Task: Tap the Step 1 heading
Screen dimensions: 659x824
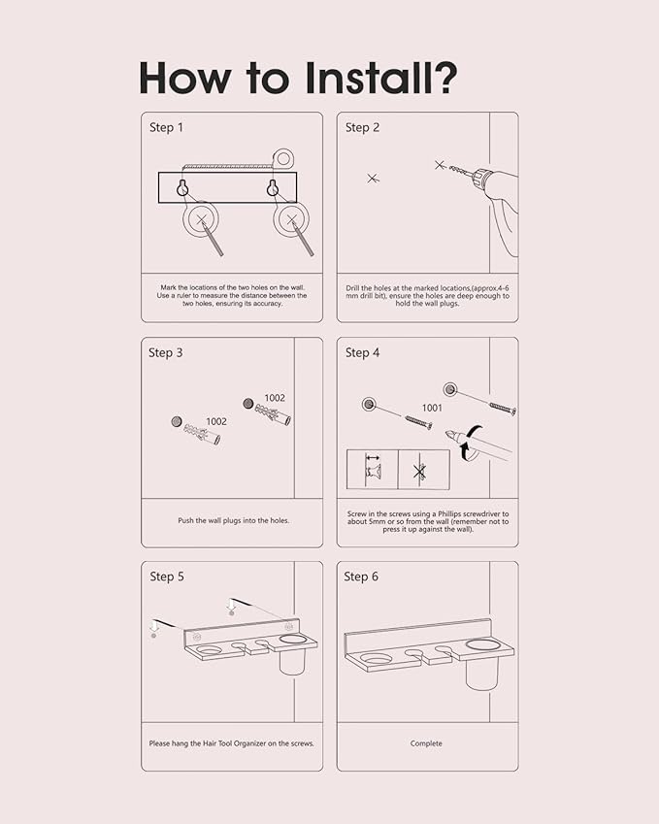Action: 166,128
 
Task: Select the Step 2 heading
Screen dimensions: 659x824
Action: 362,128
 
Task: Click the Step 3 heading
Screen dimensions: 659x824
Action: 166,352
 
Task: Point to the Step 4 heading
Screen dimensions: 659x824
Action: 362,352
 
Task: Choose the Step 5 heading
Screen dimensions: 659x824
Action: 167,577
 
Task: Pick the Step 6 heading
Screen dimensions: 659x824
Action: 361,577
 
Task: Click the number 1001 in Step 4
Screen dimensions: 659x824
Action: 432,408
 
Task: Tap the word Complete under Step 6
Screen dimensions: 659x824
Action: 426,743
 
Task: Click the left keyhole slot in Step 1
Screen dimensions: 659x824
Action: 182,187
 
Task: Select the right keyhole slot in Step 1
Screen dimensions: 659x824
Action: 272,187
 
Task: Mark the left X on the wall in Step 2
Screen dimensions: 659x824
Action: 373,179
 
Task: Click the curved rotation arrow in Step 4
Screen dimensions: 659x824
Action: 472,443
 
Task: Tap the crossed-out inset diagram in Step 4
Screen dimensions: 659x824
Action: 423,470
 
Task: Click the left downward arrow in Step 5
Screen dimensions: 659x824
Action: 154,626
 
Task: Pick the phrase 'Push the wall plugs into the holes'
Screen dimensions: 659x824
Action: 233,520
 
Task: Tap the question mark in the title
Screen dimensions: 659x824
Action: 445,78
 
